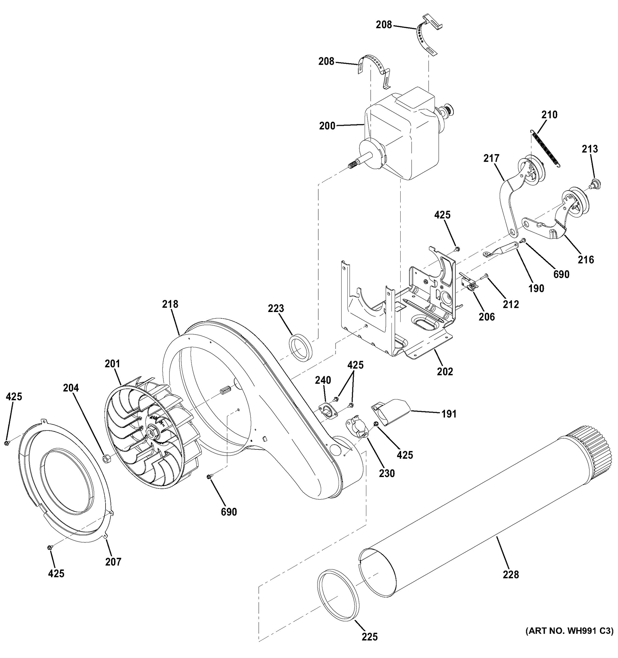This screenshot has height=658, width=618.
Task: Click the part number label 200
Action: [x=327, y=126]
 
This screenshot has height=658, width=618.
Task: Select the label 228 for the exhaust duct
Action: [x=511, y=575]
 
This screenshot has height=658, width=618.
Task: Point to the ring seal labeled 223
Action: [x=301, y=347]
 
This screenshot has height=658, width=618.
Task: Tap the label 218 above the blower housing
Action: [x=170, y=304]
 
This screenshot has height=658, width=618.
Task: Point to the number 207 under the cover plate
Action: [x=113, y=562]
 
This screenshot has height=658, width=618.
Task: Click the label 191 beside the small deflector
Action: [x=449, y=414]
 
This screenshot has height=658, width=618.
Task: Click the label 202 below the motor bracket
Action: [x=444, y=371]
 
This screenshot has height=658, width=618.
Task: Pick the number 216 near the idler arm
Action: [x=586, y=259]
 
